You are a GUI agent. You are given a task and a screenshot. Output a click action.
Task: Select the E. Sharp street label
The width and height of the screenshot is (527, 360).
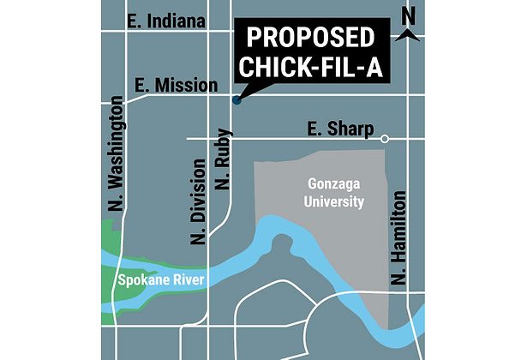[x=341, y=129]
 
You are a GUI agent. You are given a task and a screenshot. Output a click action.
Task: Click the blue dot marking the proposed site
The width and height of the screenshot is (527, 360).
[x=237, y=100]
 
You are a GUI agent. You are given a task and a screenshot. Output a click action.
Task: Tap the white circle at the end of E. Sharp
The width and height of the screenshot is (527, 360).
[x=385, y=138]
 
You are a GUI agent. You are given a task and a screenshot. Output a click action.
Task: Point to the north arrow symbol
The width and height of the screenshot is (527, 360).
[x=408, y=33]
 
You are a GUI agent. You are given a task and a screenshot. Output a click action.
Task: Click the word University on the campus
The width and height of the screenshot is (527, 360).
[x=336, y=202]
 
